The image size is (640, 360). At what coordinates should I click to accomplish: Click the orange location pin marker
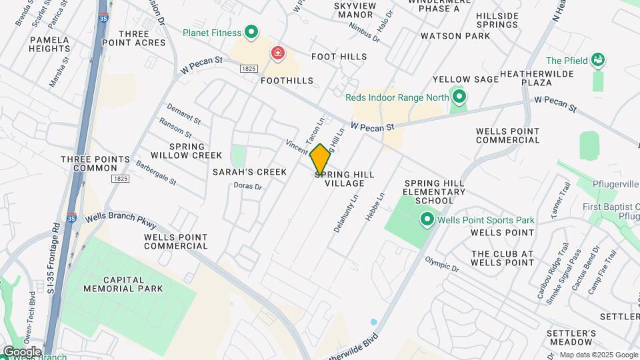[x=320, y=159]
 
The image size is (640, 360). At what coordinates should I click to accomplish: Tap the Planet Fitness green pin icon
[x=251, y=31]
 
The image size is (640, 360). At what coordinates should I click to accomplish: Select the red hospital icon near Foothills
[x=277, y=53]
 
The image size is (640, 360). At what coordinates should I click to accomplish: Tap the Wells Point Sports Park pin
[x=427, y=219]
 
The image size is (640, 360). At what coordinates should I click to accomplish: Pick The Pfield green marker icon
[x=598, y=61]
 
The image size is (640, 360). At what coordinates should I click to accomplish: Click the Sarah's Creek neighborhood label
[x=249, y=172]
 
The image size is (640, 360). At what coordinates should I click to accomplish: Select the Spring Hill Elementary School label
[x=439, y=191]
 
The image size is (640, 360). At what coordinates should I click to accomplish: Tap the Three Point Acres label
[x=141, y=38]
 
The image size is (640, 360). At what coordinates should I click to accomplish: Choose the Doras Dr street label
[x=249, y=186]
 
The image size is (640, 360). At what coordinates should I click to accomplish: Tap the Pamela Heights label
[x=49, y=44]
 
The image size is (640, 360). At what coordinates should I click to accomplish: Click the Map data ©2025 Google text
[x=597, y=355]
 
